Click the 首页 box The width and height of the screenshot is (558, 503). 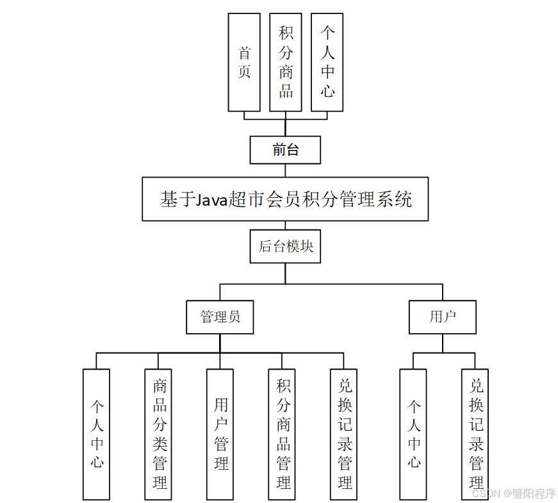244,62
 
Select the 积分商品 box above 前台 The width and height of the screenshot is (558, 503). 286,62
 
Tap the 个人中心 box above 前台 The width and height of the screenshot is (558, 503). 327,62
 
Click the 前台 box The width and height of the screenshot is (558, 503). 285,150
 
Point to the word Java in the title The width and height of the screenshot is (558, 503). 211,200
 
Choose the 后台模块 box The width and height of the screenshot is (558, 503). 285,247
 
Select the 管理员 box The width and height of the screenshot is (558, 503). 220,317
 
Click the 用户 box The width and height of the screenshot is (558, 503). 443,317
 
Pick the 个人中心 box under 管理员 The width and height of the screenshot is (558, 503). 97,434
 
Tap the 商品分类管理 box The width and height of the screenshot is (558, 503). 159,434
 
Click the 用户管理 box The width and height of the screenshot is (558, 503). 220,434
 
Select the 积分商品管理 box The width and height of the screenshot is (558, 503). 283,434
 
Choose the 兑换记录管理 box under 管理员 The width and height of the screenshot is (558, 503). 345,434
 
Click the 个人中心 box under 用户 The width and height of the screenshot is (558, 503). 413,434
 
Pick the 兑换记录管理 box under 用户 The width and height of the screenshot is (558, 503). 475,434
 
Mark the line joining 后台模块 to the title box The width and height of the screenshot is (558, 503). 285,226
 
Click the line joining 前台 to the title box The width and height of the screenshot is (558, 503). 285,170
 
